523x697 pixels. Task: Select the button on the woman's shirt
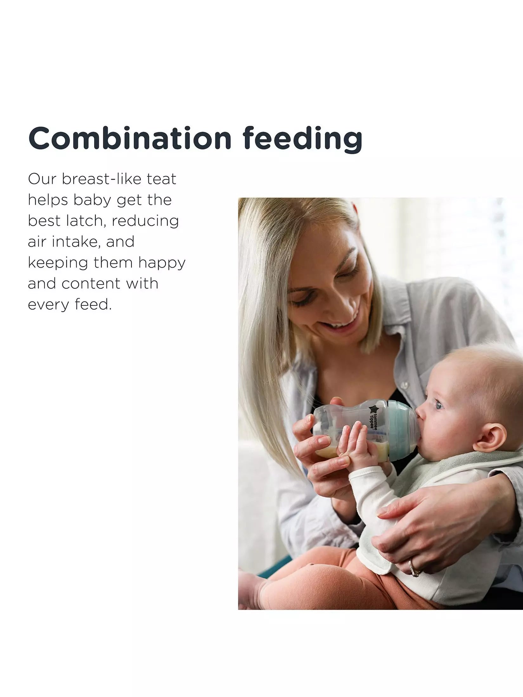point(404,384)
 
